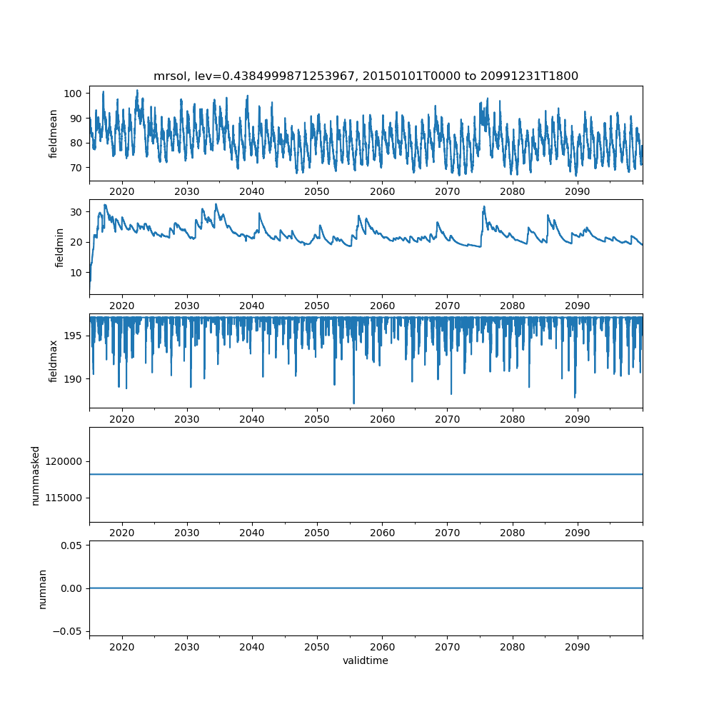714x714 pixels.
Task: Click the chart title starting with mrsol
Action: tap(366, 76)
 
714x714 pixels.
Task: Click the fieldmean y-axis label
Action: tap(54, 134)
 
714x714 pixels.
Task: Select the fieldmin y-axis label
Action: tap(59, 248)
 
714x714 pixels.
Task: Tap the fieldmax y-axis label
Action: tap(54, 361)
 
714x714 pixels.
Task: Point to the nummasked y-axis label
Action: tap(36, 476)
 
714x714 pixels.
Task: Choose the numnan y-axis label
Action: tap(42, 589)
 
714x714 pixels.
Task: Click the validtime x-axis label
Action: tap(366, 660)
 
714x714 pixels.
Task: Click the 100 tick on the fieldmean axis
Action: tap(73, 94)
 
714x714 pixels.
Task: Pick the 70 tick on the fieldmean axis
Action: tap(76, 168)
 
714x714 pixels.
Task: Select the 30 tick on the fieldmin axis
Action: tap(76, 212)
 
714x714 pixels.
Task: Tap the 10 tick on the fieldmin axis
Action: tap(76, 273)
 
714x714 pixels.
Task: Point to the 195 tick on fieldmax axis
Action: tap(73, 336)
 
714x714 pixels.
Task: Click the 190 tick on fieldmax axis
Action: tap(73, 379)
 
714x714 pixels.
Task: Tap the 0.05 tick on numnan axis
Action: tap(71, 545)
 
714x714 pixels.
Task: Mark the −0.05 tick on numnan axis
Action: tap(68, 632)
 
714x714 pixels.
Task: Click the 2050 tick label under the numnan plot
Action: tap(317, 647)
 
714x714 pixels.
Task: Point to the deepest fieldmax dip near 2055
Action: tap(354, 403)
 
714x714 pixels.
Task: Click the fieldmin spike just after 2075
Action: tap(484, 207)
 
